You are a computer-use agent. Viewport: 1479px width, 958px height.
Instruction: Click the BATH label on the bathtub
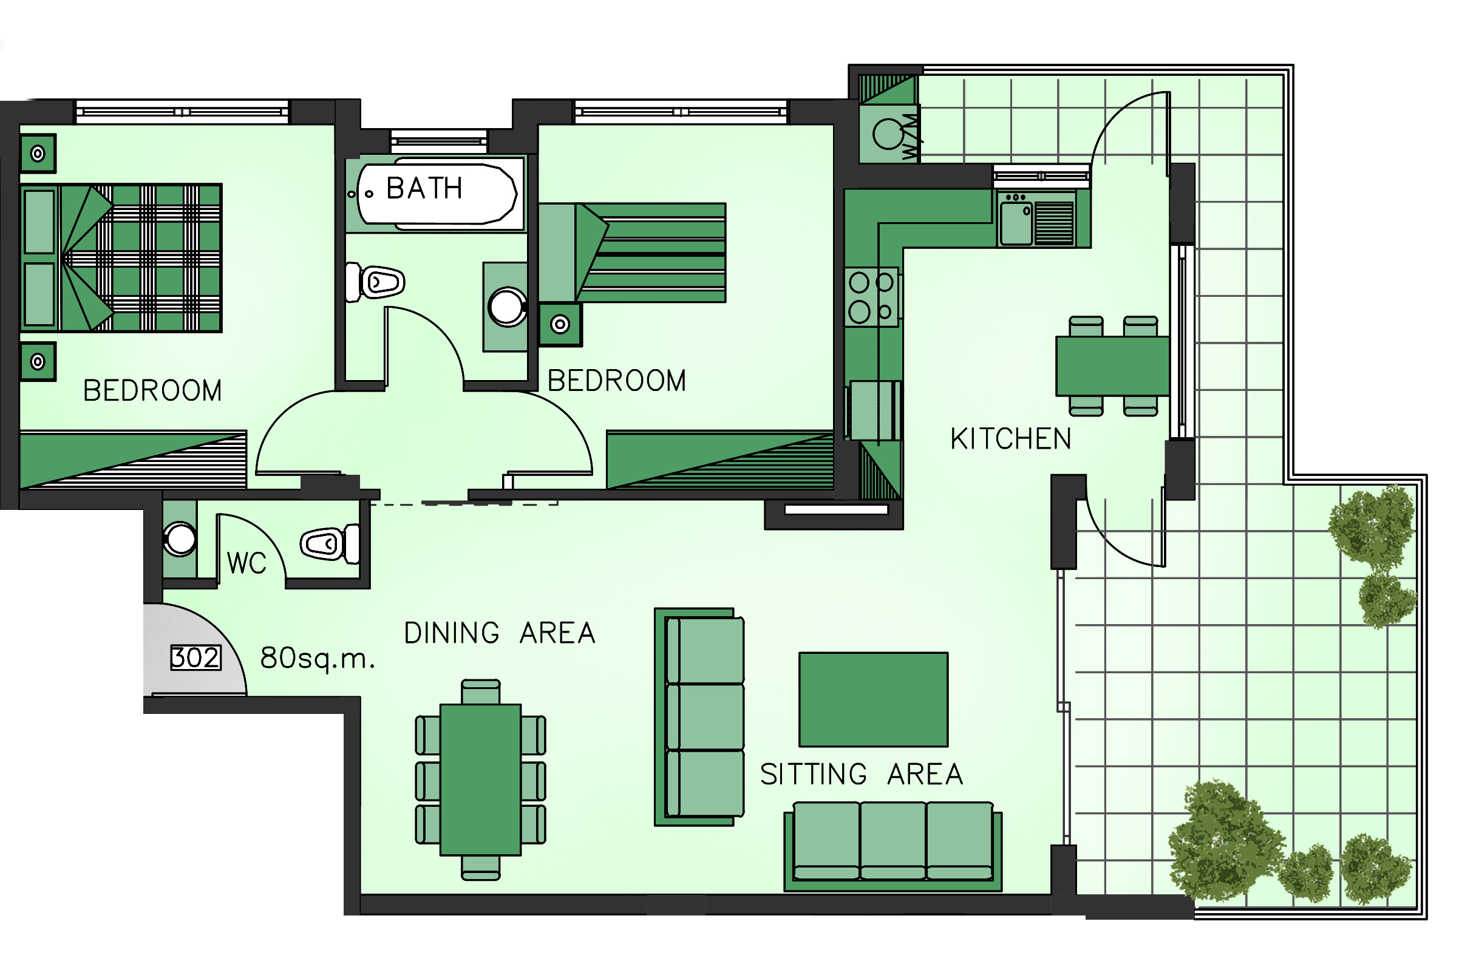424,188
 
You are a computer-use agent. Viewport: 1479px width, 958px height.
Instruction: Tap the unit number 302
195,657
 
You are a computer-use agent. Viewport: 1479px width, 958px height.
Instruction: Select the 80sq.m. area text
318,658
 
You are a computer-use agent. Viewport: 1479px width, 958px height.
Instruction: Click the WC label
246,563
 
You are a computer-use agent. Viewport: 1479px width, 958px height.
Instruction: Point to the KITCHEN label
1011,438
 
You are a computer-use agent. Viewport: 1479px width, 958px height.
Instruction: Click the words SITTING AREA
862,774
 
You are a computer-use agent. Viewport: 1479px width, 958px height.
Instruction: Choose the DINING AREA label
500,633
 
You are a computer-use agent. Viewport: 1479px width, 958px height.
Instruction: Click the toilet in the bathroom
375,283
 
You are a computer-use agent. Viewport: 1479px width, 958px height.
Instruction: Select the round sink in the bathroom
507,307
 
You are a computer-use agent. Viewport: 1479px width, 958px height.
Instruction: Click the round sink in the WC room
180,538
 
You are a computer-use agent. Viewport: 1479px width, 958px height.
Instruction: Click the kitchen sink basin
1016,223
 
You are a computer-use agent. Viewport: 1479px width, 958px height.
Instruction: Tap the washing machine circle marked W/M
888,134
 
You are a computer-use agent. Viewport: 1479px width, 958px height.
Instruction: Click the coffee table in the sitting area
873,699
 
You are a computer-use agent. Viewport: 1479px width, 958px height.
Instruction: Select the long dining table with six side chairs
480,780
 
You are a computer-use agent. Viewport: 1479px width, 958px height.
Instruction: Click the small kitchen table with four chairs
1112,366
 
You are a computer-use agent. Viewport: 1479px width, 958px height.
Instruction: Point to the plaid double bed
122,257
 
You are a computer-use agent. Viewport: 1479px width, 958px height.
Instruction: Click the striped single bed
632,253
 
